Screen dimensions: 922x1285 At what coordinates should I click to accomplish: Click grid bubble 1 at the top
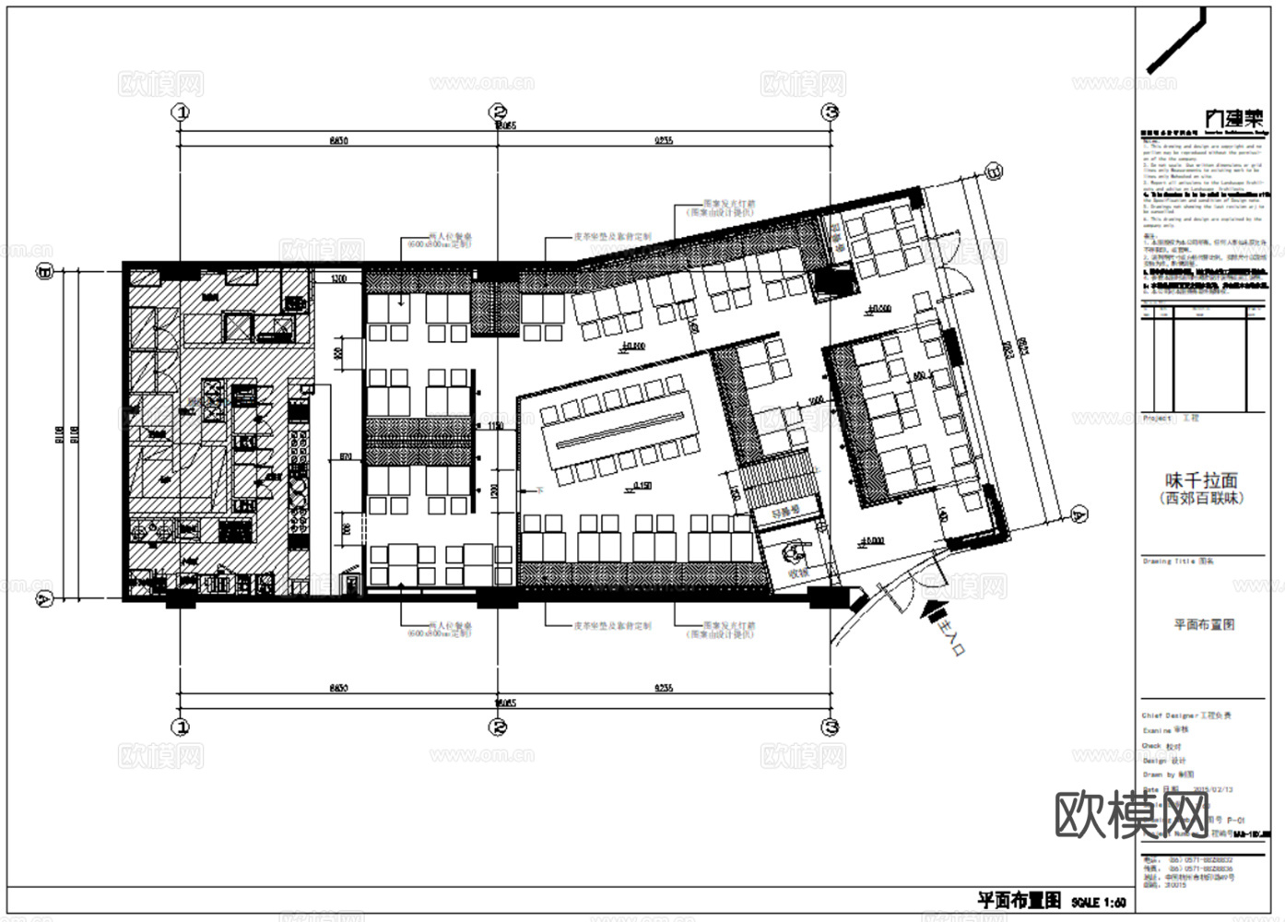(182, 112)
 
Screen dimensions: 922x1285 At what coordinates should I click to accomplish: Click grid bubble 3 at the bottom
(831, 727)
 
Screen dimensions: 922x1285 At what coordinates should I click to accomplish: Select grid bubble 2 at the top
(498, 112)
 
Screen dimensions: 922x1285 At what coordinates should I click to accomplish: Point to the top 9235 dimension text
(664, 140)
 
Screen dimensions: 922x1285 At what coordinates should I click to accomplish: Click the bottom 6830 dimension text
(338, 689)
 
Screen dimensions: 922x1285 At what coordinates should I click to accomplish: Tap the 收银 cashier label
(797, 574)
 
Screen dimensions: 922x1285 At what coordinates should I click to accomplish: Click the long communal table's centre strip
(619, 432)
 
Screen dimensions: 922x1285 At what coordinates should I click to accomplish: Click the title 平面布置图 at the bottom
(1019, 900)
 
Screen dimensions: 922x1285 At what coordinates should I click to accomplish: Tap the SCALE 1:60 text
(1099, 902)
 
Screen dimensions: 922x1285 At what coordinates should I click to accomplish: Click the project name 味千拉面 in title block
(1201, 480)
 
